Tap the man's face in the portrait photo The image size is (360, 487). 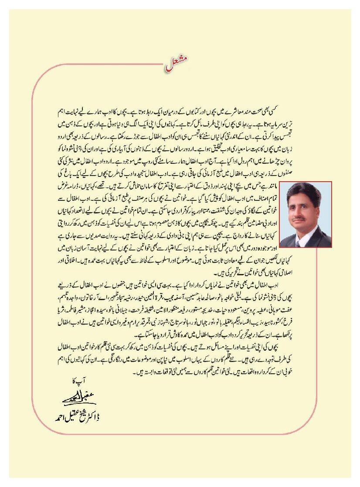[x=305, y=207]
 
